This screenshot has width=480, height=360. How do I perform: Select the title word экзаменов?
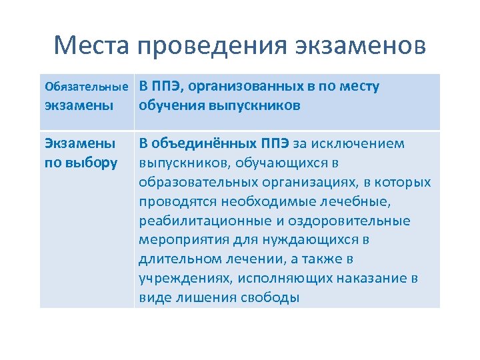coord(359,46)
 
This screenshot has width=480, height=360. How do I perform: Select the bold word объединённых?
coord(199,144)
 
